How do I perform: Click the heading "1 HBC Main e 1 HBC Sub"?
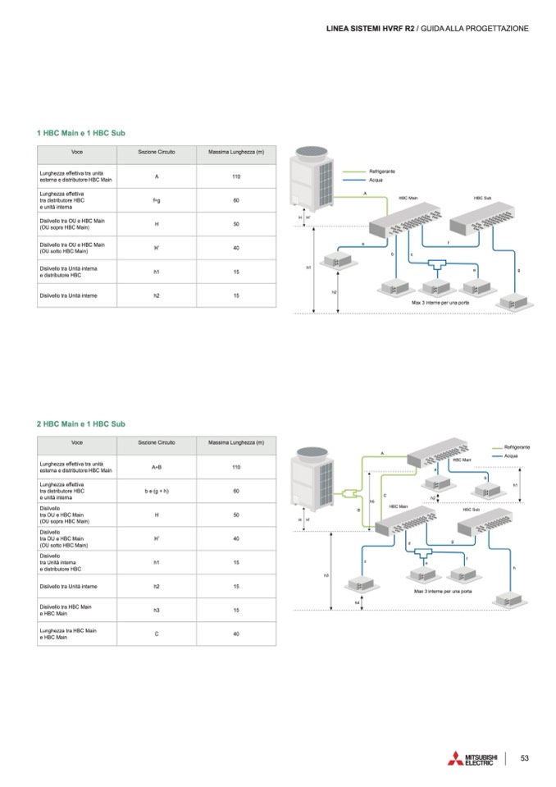[81, 133]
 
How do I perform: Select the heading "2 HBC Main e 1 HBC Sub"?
[81, 423]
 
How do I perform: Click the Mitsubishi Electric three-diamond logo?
[455, 759]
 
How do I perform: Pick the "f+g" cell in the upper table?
[156, 200]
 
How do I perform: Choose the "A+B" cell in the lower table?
[157, 467]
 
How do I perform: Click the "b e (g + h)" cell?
[157, 491]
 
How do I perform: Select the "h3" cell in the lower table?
[157, 610]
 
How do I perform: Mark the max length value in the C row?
[236, 634]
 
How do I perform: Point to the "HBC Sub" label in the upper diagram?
[482, 198]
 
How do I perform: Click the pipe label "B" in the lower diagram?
[359, 510]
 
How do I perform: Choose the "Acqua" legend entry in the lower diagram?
[511, 455]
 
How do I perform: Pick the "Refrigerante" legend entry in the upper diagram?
[382, 171]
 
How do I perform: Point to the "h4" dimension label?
[358, 603]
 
